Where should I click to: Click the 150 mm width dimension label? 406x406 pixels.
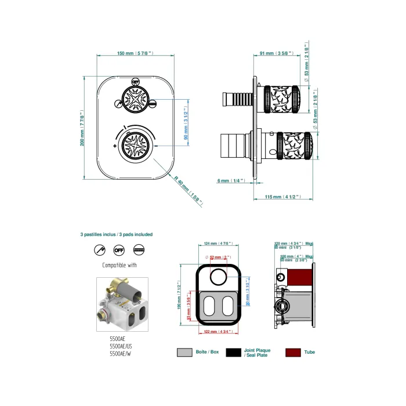135,53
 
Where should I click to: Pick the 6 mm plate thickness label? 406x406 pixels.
231,181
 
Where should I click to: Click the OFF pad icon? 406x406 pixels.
119,251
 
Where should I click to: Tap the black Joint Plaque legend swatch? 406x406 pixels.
233,352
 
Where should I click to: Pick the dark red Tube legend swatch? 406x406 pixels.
293,352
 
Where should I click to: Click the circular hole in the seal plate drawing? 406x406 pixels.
219,277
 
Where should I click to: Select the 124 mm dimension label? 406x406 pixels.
218,244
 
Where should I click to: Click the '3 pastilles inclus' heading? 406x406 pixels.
117,234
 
